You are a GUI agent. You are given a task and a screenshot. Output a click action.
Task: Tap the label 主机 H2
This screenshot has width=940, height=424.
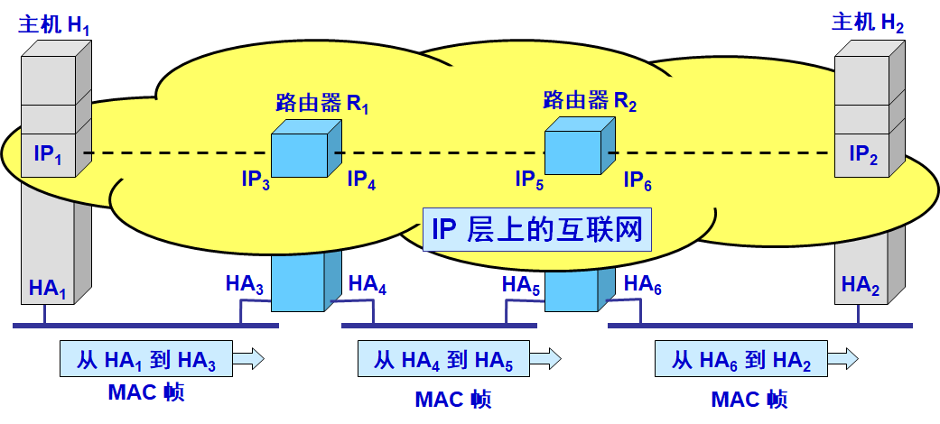coord(867,24)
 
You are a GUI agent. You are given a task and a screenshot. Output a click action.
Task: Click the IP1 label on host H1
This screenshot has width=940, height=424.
coord(49,155)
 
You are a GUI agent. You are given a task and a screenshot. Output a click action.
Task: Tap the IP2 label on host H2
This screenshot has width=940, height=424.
coord(864,155)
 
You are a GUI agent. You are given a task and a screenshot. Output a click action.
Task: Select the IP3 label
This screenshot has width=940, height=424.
coord(255,180)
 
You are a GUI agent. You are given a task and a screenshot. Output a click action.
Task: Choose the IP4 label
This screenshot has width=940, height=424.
coord(361,180)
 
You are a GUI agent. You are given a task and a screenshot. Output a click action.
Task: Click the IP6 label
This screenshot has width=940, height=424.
coord(638,180)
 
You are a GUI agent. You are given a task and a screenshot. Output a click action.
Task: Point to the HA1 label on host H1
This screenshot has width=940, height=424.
coord(48,289)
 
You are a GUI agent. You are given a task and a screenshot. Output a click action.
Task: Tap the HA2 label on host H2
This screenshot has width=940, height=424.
coord(861,286)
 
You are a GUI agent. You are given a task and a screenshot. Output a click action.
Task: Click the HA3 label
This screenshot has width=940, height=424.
coord(245,286)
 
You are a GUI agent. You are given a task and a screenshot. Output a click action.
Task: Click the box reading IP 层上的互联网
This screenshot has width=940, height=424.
coord(536,230)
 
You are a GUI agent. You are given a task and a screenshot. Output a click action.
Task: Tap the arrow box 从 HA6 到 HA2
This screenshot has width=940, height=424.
coord(741,359)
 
